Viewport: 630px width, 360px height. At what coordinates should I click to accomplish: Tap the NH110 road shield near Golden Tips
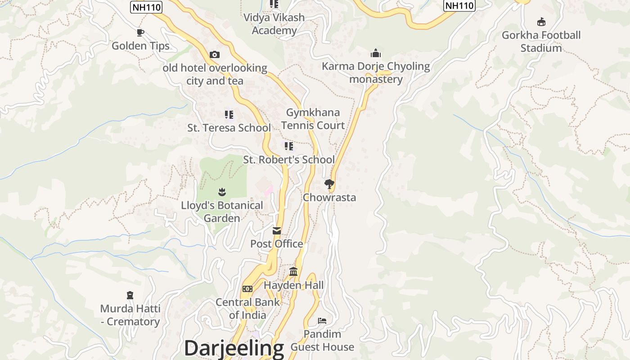tap(146, 7)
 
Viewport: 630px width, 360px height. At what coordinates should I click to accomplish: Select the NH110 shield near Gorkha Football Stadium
tap(459, 5)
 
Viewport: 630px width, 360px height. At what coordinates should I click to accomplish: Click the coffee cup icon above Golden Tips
tap(140, 32)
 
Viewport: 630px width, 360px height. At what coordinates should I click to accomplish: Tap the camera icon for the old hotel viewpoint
tap(215, 55)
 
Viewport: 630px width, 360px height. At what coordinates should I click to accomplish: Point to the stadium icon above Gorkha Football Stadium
tap(541, 22)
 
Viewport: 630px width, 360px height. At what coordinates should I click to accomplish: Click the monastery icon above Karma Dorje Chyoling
tap(376, 54)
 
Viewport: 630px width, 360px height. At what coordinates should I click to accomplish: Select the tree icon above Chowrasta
tap(329, 184)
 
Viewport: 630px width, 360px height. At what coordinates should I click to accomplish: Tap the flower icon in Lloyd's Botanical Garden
tap(221, 192)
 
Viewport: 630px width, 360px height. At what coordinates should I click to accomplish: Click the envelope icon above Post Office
tap(277, 231)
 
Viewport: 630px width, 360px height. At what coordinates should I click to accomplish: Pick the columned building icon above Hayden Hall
tap(294, 271)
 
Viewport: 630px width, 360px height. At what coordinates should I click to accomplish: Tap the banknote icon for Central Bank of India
tap(247, 289)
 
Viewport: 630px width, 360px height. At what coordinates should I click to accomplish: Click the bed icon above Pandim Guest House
tap(322, 321)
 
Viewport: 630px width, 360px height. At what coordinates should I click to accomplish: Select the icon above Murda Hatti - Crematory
tap(130, 295)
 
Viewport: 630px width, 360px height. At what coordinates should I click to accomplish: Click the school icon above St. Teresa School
tap(229, 115)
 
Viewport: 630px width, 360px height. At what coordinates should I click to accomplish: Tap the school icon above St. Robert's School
tap(289, 146)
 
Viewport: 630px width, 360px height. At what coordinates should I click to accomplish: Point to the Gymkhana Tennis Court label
tap(315, 119)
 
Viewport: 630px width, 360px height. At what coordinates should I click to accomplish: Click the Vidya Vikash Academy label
tap(274, 24)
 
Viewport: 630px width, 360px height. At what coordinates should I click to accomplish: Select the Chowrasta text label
tap(329, 198)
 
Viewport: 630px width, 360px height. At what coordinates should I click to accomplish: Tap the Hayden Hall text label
tap(293, 285)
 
